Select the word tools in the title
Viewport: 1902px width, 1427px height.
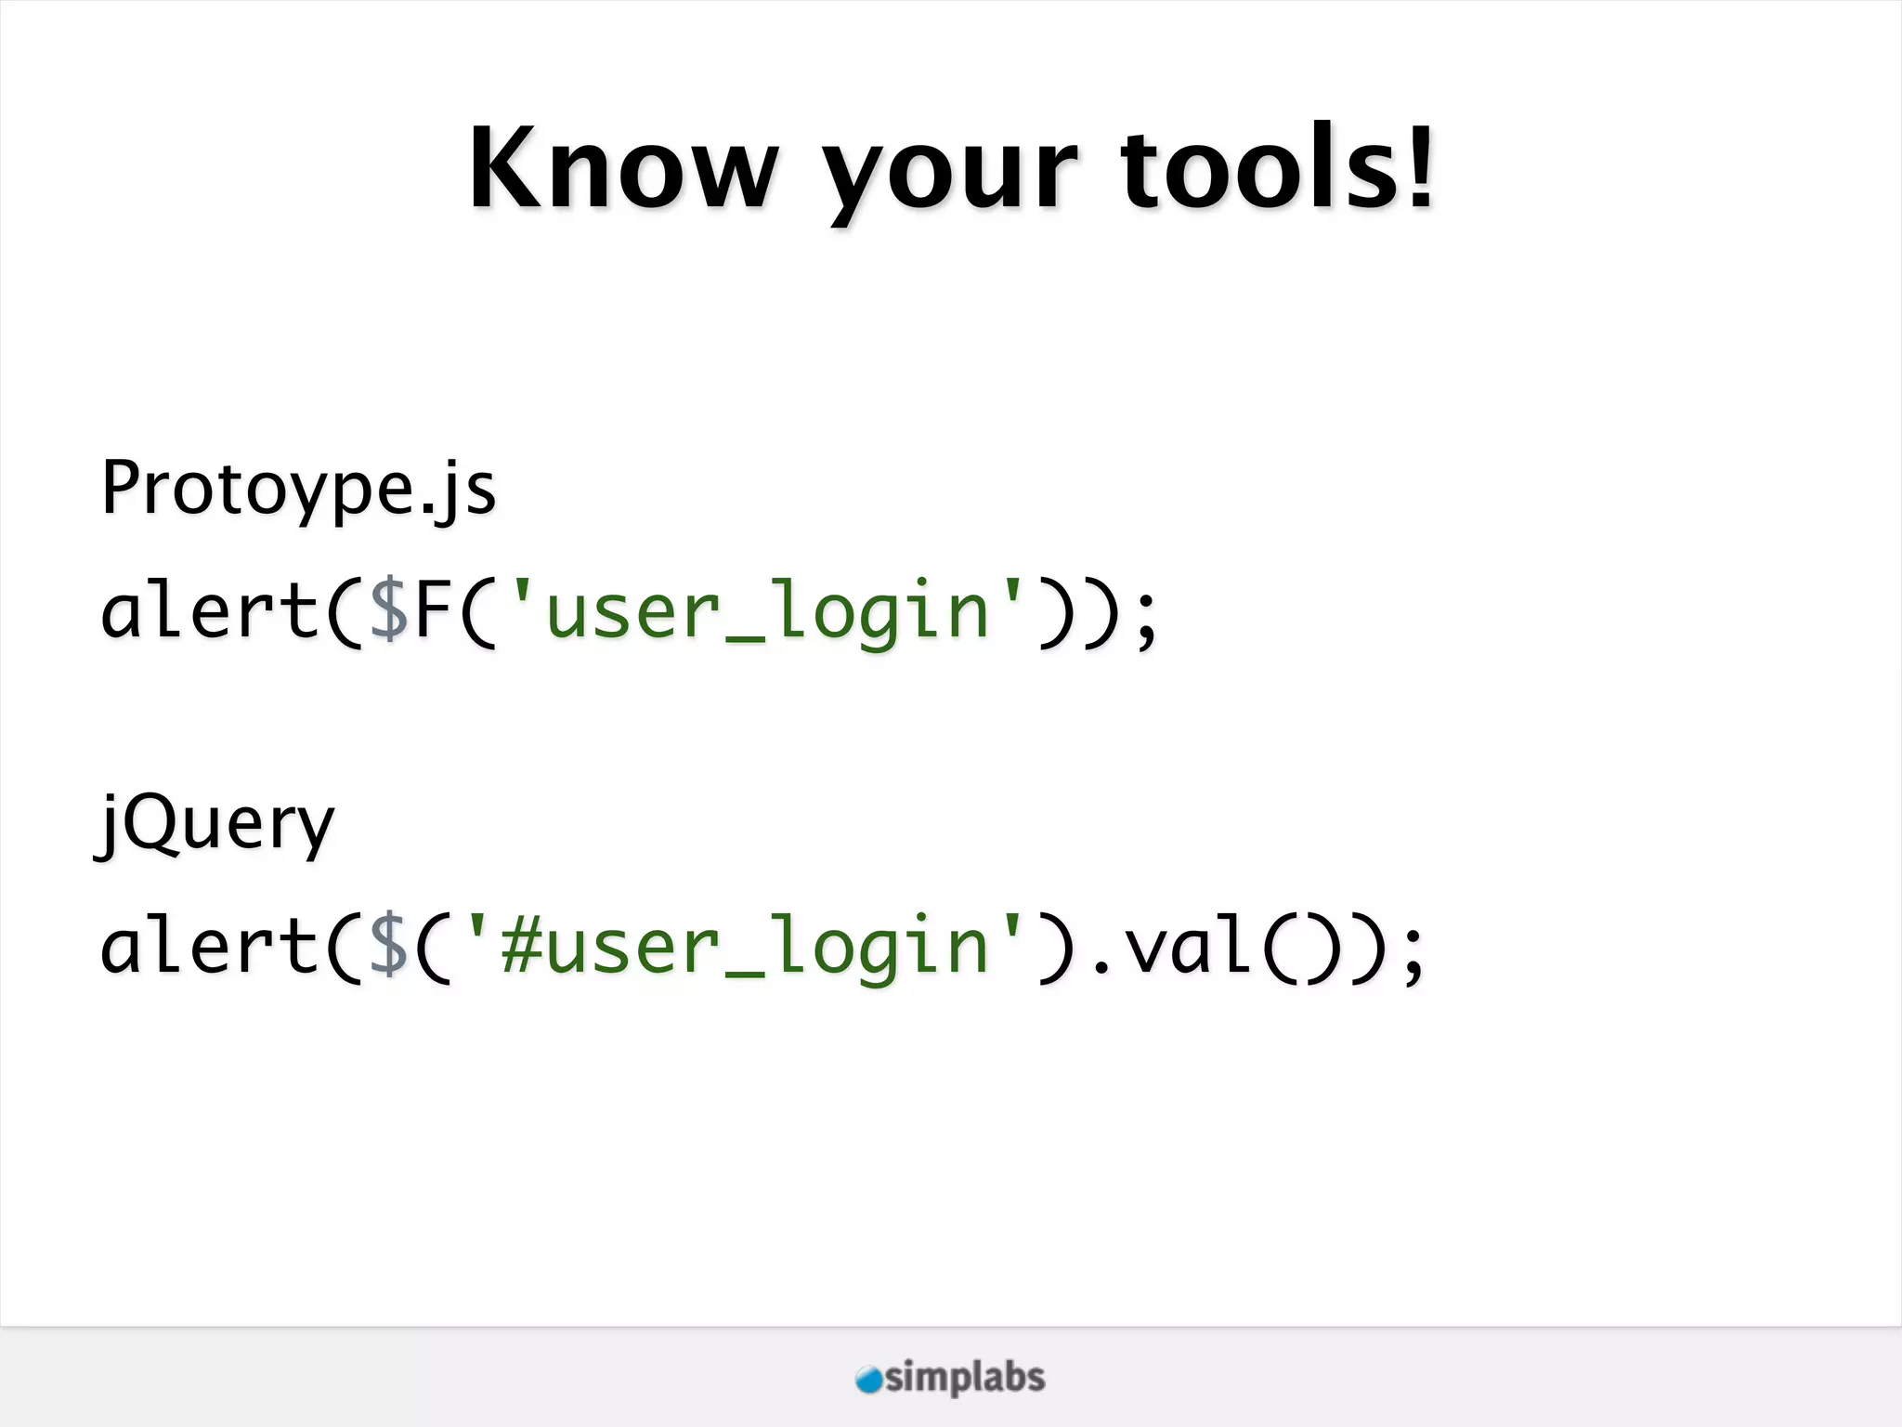1263,169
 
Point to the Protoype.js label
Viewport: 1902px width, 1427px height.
298,489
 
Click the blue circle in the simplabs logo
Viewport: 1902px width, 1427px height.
869,1380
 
